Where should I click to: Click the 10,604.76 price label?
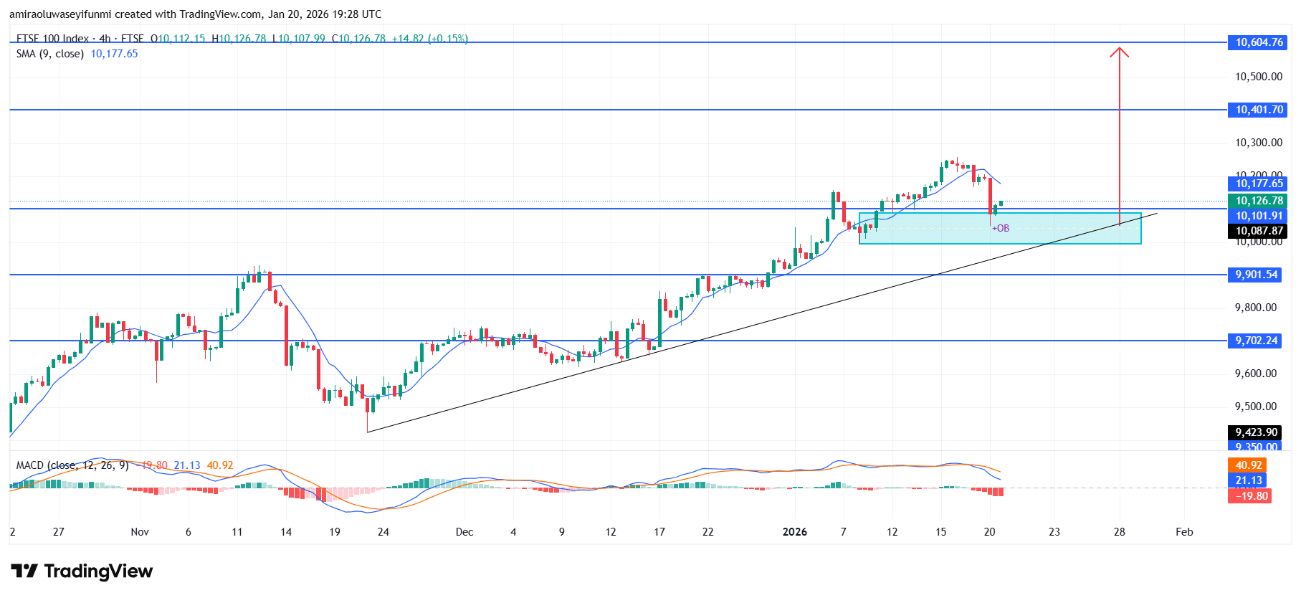(1258, 42)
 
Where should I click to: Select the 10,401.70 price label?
(1258, 110)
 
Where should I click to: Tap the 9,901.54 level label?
(1256, 275)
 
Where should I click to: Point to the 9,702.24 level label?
(1256, 341)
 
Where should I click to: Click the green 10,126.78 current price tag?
(1258, 201)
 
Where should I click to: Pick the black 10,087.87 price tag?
(1258, 231)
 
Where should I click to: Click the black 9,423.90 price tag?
(1256, 432)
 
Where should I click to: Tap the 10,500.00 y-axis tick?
(1258, 77)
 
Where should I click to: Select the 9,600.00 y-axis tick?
(1255, 374)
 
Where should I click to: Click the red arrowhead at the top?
(1120, 51)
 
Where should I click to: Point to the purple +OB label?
(1001, 229)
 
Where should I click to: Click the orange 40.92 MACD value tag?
(1248, 465)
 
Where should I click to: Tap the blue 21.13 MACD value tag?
(1248, 480)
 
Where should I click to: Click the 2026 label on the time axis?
(794, 532)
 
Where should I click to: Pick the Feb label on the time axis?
(1184, 532)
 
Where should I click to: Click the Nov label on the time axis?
(140, 532)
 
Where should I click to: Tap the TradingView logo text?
(98, 571)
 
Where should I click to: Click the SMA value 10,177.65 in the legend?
(114, 54)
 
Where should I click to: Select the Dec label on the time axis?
(464, 532)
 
